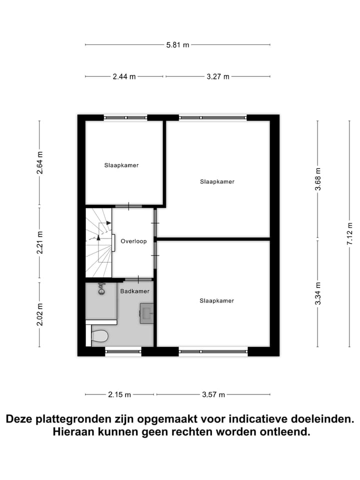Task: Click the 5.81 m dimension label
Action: pyautogui.click(x=178, y=45)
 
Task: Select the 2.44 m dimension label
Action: pyautogui.click(x=124, y=76)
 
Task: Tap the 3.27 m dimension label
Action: pyautogui.click(x=218, y=76)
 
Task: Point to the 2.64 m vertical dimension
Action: pyautogui.click(x=40, y=162)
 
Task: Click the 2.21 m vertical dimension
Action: pyautogui.click(x=40, y=242)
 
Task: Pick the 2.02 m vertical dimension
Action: pyautogui.click(x=40, y=314)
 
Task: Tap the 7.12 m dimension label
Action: pyautogui.click(x=350, y=233)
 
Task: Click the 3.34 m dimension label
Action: pyautogui.click(x=317, y=293)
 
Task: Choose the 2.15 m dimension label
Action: pyautogui.click(x=119, y=394)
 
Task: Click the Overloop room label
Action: pyautogui.click(x=133, y=241)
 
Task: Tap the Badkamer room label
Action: pyautogui.click(x=134, y=290)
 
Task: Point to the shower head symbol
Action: pyautogui.click(x=101, y=288)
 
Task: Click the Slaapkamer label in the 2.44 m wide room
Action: pyautogui.click(x=121, y=165)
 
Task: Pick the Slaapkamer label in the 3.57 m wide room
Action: pyautogui.click(x=216, y=300)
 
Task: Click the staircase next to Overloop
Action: pyautogui.click(x=98, y=242)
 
